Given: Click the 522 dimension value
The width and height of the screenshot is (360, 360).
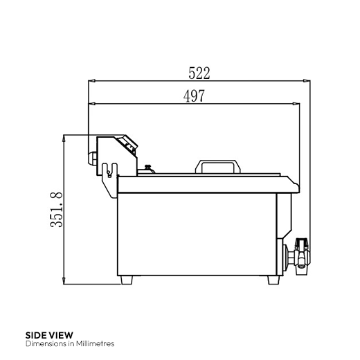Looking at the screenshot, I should point(199,71).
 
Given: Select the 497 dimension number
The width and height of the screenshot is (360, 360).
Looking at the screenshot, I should point(193,96).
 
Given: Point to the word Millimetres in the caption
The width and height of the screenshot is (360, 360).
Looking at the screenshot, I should point(92,343).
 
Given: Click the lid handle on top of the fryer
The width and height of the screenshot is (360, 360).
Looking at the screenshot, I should point(218,166).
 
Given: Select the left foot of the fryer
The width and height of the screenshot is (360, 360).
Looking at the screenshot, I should point(127,279).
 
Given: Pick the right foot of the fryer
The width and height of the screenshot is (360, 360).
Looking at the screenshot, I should point(271,279).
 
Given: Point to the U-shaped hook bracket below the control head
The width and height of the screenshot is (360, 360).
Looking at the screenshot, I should point(107,170).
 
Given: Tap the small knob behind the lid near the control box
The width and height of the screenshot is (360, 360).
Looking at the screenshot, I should point(147,166).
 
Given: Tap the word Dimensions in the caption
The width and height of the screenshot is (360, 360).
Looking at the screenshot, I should point(41,343).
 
